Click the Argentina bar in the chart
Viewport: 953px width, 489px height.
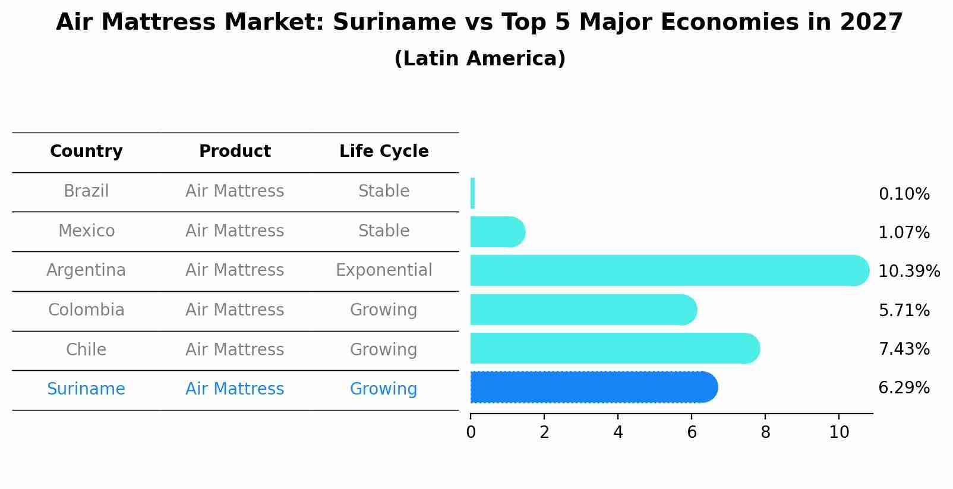click(x=665, y=270)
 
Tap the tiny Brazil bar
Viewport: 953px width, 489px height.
click(x=472, y=193)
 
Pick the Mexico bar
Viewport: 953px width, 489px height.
click(x=496, y=232)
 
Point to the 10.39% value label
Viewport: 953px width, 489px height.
click(x=908, y=272)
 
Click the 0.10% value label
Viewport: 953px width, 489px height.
click(x=904, y=194)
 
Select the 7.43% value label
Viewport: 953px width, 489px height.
click(x=904, y=349)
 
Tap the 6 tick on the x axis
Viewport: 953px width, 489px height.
click(x=692, y=433)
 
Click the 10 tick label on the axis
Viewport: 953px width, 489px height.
click(x=839, y=433)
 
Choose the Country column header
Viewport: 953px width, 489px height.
click(x=86, y=152)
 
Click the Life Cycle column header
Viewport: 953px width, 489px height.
click(x=384, y=152)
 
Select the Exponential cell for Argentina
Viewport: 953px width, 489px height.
click(x=384, y=270)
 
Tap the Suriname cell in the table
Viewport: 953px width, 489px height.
click(x=86, y=389)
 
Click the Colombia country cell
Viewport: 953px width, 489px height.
click(x=86, y=310)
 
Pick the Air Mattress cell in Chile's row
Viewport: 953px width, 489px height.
click(x=235, y=349)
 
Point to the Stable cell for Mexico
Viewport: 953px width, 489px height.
click(x=384, y=231)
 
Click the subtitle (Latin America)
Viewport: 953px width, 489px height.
click(x=479, y=59)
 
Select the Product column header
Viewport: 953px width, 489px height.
click(x=235, y=152)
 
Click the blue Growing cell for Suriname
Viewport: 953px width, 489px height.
click(x=384, y=389)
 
